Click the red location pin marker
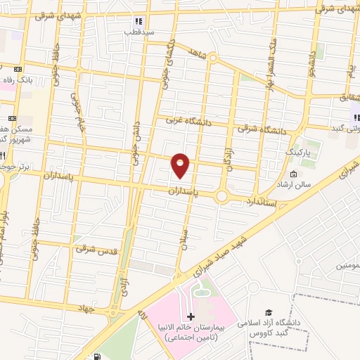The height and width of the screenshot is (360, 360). tap(181, 165)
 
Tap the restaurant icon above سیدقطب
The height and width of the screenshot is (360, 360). tap(139, 21)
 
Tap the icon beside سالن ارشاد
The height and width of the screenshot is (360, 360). tap(293, 174)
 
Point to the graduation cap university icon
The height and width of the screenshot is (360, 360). tap(268, 312)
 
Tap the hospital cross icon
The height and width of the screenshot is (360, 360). tap(191, 317)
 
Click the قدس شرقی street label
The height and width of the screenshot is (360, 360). tap(94, 249)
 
